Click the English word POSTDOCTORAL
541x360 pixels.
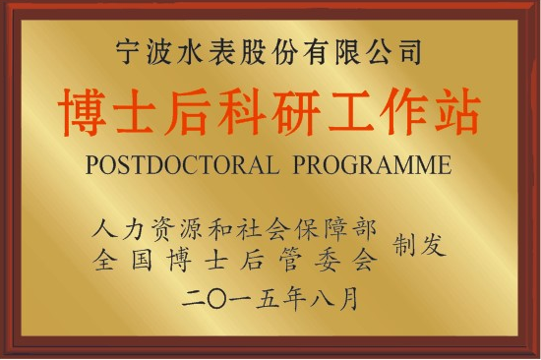click(182, 164)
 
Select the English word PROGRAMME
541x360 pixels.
click(372, 164)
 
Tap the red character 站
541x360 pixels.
click(457, 111)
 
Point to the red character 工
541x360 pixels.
click(350, 111)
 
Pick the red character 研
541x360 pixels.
click(296, 111)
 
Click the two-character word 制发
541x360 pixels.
click(419, 244)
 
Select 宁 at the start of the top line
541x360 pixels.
click(128, 52)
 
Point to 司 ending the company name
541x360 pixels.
click(410, 52)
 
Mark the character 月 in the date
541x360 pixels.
click(348, 299)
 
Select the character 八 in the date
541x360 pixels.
click(322, 299)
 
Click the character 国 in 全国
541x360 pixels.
click(142, 260)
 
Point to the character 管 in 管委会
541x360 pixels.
click(290, 260)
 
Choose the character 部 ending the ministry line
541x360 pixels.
click(365, 229)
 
